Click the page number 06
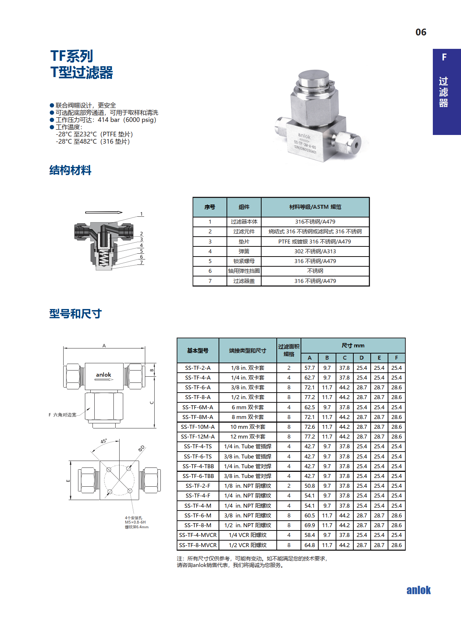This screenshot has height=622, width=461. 421,32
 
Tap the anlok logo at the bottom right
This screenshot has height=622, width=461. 418,590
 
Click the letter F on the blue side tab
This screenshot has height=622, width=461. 444,57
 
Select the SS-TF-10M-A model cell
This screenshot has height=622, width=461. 198,427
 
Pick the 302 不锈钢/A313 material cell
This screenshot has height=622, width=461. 315,251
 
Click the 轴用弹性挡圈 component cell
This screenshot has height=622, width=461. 244,271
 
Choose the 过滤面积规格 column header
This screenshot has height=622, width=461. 289,350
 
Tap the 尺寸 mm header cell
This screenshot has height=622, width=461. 353,346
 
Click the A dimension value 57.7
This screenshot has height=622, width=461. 310,368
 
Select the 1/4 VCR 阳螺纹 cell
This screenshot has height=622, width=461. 247,535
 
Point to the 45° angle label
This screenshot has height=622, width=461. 104,441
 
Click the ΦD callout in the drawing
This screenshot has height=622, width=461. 141,448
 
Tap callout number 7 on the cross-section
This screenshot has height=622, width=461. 142,262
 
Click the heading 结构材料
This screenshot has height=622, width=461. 70,170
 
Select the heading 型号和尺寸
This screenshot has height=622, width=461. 76,314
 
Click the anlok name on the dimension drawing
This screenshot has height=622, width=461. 103,375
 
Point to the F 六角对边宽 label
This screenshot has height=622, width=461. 63,415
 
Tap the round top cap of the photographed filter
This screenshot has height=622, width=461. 313,77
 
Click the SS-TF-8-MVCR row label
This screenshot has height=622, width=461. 198,545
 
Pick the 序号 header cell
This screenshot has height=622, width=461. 210,207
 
